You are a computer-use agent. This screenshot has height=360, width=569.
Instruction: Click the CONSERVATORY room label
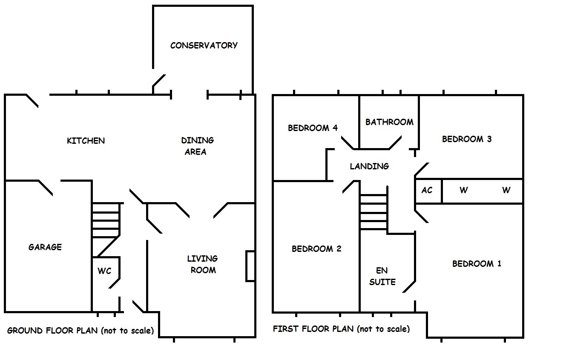tap(204, 46)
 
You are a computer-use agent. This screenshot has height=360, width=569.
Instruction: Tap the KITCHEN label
tap(86, 140)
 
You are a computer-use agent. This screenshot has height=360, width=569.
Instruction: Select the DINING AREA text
tap(197, 146)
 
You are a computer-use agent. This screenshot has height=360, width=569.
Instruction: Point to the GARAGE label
tap(45, 247)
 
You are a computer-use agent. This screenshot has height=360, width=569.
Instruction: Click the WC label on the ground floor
tap(104, 271)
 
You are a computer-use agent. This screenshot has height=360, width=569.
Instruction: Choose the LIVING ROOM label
tap(203, 264)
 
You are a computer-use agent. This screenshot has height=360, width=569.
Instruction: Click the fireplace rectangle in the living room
tap(250, 266)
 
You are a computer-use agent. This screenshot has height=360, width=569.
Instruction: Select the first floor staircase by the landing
tap(374, 212)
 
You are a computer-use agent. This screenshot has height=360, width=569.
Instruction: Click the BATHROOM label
tap(389, 122)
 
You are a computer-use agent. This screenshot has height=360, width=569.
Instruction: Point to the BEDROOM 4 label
tap(313, 128)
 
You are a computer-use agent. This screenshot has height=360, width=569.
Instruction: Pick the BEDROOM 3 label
tap(467, 139)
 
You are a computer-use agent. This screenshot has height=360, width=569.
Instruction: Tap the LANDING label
tap(369, 166)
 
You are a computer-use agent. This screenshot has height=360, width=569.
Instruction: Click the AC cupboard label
tap(427, 190)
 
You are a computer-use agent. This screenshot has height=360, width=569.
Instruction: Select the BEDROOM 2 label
tap(316, 249)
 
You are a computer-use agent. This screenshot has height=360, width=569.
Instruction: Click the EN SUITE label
tap(382, 276)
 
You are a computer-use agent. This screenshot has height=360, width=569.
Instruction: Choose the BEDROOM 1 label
tap(477, 263)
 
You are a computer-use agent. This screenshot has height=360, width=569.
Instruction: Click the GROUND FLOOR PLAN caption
tap(80, 330)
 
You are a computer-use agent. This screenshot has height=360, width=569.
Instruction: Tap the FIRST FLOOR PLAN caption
tap(341, 329)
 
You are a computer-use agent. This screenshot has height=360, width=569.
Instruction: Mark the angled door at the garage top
tap(46, 188)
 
